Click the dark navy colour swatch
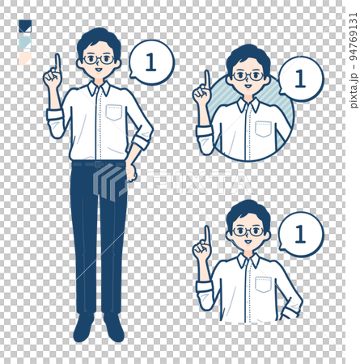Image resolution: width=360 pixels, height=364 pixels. (25, 27)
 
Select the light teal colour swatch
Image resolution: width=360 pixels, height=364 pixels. (25, 43)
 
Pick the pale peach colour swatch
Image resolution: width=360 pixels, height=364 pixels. (25, 59)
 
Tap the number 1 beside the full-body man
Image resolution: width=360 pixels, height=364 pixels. (150, 62)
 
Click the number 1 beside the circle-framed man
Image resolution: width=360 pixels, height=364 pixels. (300, 78)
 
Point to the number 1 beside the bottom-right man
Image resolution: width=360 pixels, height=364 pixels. (300, 234)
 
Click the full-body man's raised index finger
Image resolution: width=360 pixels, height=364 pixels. (57, 63)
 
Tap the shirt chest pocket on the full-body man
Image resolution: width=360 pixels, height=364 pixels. (114, 112)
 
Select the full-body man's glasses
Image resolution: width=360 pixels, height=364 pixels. (99, 60)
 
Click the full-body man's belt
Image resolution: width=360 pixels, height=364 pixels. (99, 163)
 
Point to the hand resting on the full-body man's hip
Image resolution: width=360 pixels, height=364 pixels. (131, 172)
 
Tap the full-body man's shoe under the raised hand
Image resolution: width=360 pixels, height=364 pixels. (83, 328)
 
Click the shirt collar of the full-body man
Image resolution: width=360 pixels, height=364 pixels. (99, 88)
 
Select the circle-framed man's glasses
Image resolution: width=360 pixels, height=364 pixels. (248, 76)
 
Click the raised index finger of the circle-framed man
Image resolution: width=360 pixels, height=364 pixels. (207, 80)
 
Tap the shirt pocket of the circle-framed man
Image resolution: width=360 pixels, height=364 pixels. (263, 129)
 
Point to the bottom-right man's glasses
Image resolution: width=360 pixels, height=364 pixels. (248, 231)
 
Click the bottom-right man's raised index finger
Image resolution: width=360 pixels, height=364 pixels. (207, 235)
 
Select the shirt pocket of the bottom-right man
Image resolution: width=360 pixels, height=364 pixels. (263, 285)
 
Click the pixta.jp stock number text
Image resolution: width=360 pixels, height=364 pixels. (354, 61)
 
